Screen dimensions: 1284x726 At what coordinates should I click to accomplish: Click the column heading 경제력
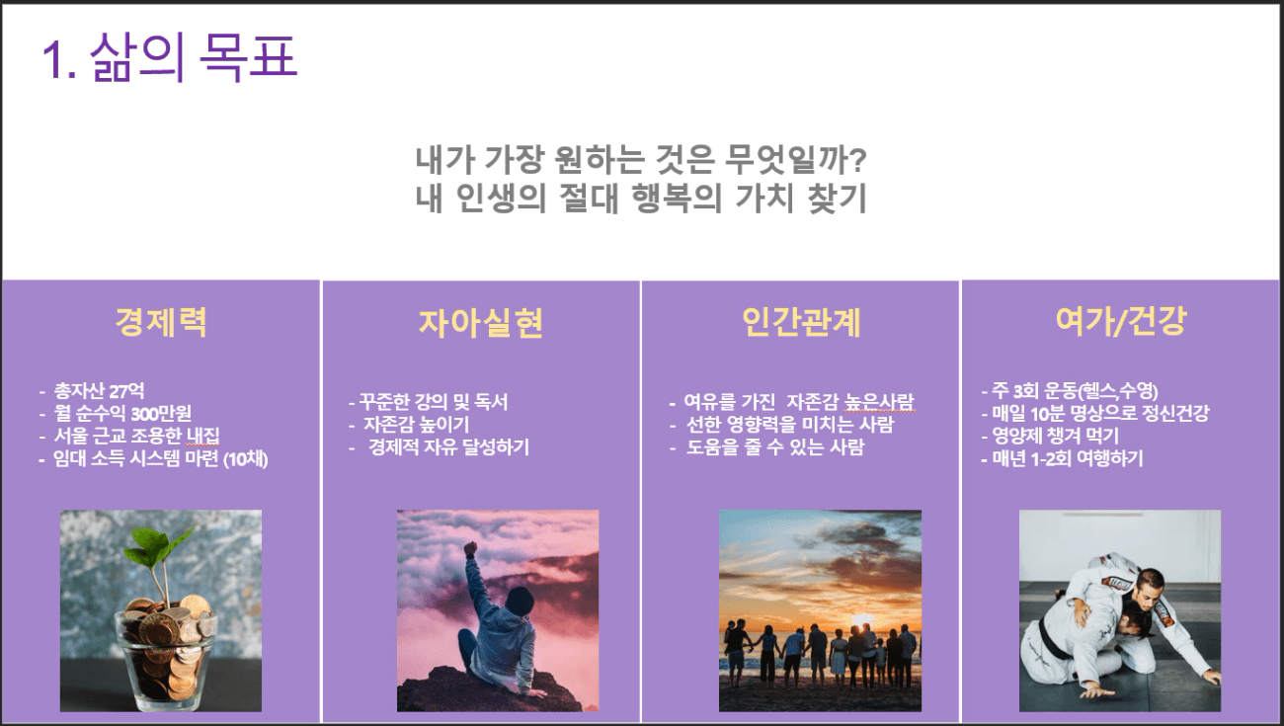click(x=161, y=322)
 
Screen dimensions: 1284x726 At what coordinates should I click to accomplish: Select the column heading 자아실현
click(x=481, y=322)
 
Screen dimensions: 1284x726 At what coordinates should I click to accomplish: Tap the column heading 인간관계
click(x=801, y=322)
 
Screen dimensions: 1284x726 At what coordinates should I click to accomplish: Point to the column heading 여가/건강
click(x=1121, y=321)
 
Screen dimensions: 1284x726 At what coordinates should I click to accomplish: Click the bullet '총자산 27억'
click(x=99, y=391)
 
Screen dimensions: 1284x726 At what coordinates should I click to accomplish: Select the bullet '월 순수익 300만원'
click(x=122, y=414)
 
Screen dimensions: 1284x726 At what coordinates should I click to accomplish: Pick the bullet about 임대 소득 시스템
click(x=160, y=458)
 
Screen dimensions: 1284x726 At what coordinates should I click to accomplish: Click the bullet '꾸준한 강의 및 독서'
click(x=434, y=402)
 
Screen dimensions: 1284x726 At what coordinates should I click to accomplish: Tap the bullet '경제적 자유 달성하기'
click(x=448, y=447)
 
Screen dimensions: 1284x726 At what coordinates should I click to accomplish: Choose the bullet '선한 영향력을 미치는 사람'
click(x=790, y=425)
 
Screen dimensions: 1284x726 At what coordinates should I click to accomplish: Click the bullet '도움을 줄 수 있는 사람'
click(x=775, y=447)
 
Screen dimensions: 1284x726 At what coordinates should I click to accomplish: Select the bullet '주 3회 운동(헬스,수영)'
click(x=1075, y=391)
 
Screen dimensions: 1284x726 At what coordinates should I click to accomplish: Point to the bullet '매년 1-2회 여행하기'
click(x=1068, y=458)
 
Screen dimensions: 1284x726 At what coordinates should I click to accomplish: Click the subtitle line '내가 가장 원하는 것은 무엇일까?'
click(x=641, y=160)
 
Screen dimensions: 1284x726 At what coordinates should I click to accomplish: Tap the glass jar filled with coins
click(x=166, y=660)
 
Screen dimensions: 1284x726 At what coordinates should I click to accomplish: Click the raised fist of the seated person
click(x=470, y=547)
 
